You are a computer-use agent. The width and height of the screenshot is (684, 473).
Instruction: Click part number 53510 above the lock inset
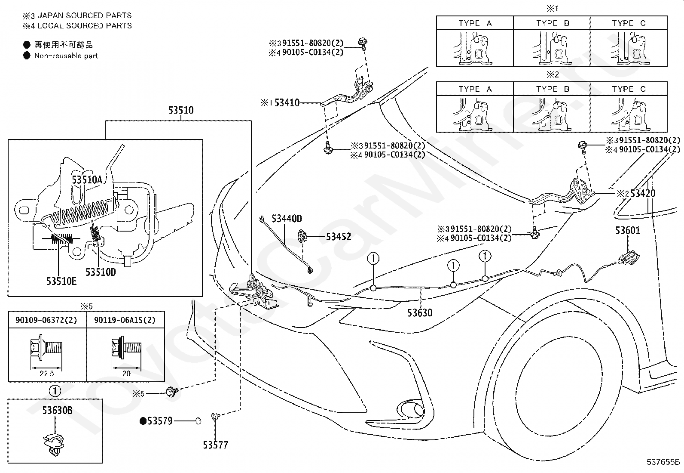(181, 110)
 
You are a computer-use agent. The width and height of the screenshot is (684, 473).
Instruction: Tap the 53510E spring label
(61, 281)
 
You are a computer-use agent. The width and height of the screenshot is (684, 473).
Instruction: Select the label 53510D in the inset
(101, 272)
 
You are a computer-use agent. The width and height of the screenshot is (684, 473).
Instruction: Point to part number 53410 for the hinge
(287, 102)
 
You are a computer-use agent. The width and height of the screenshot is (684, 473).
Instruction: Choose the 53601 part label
(628, 230)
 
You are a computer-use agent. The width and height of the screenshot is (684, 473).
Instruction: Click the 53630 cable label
(420, 313)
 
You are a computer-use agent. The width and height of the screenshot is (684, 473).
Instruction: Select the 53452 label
(339, 237)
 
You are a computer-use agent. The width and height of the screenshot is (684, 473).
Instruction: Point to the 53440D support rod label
(287, 219)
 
